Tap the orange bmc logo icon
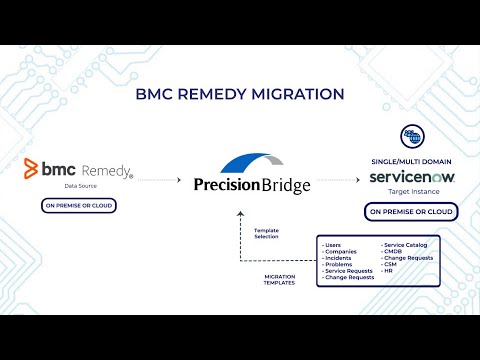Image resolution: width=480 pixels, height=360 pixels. point(31,168)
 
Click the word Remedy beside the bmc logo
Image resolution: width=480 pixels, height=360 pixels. point(105,171)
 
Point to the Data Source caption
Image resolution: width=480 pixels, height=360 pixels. point(79,187)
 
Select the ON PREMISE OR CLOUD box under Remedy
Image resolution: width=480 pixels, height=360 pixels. point(79,205)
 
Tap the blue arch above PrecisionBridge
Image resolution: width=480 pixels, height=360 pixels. point(247,163)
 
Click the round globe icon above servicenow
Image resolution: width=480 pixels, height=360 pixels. point(411,137)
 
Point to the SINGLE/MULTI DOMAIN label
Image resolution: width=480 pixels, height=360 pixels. point(411,161)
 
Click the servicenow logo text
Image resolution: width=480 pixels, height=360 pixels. point(411,177)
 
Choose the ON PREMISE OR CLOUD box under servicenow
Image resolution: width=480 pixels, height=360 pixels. point(411,211)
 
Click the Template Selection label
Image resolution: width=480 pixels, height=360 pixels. point(266,232)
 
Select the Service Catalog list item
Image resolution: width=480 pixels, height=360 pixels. point(406,244)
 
